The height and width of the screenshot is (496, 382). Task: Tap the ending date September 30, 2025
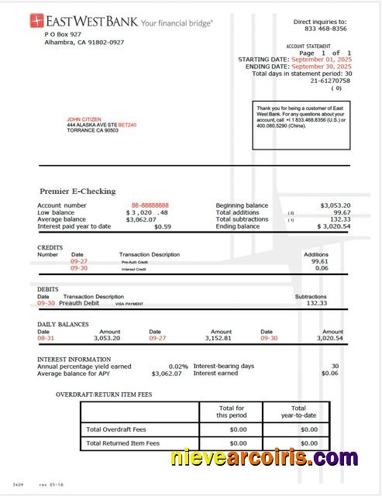click(x=318, y=67)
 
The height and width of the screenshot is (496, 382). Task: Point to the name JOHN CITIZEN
click(x=84, y=119)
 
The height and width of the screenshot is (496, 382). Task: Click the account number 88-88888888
click(x=150, y=205)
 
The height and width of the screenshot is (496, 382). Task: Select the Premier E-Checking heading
click(x=77, y=191)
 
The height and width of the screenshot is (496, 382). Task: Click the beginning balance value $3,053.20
click(x=335, y=205)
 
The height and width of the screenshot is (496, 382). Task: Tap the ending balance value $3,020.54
click(x=333, y=226)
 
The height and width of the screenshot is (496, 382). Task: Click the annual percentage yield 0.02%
click(x=178, y=366)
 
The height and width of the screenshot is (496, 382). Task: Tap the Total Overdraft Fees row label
click(x=116, y=429)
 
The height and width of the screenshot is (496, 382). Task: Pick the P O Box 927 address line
click(x=63, y=35)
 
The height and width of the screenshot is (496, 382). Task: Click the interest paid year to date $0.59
click(x=163, y=226)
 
